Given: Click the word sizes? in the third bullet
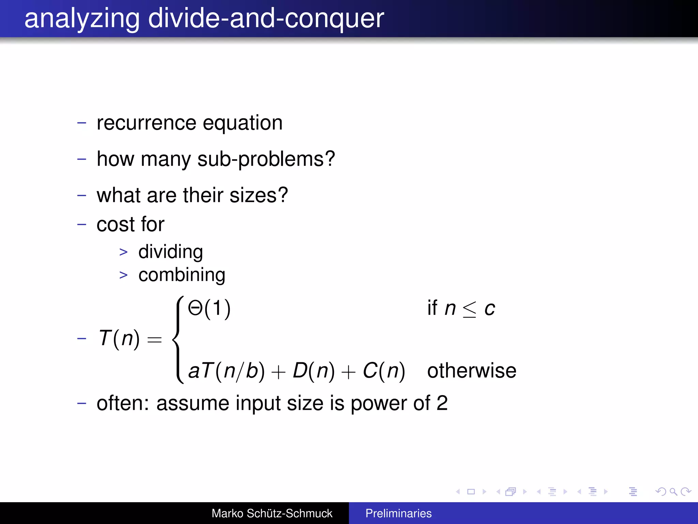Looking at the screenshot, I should click(x=259, y=195).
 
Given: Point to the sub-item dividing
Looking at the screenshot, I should click(x=170, y=252).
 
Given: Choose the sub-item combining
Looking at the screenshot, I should click(x=182, y=275).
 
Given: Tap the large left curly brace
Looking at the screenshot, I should click(x=178, y=339).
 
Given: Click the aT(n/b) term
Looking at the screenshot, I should click(x=226, y=371).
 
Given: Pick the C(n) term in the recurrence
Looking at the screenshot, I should click(x=384, y=371).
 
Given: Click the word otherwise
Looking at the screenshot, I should click(x=472, y=371).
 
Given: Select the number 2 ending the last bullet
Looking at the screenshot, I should click(x=442, y=403).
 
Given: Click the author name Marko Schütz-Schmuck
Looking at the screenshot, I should click(x=272, y=513).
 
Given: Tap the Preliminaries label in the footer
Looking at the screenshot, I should click(x=398, y=513).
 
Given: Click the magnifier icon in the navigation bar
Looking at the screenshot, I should click(x=673, y=492).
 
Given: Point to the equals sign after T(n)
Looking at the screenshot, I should click(x=154, y=339).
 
